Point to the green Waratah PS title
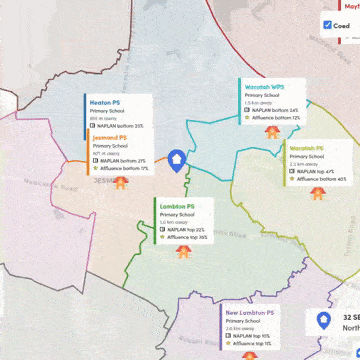coord(305,147)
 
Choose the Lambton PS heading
coord(177,206)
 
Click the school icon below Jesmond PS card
coord(121,181)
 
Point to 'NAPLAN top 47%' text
coord(314,171)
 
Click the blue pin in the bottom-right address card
coord(322,320)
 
